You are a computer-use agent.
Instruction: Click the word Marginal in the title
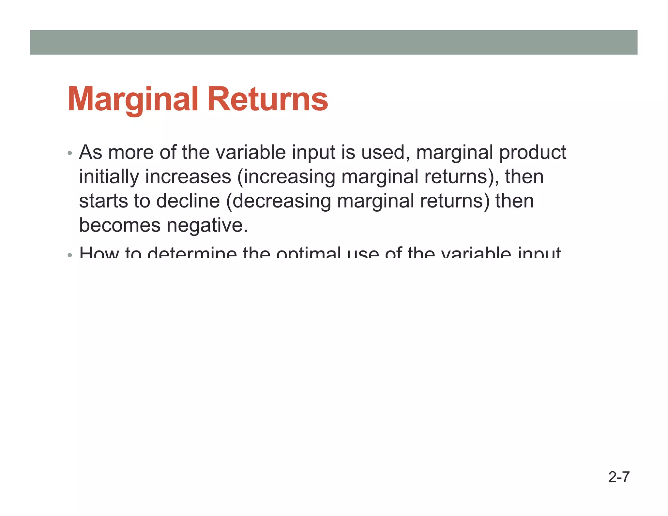pos(133,99)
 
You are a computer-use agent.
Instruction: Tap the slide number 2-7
pos(619,477)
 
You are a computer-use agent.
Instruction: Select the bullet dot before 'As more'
pos(69,153)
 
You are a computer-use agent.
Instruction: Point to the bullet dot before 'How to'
pos(69,255)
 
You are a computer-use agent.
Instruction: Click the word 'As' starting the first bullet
pos(90,152)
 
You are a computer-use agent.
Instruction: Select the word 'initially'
pos(109,177)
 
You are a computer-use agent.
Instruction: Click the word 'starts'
pos(103,201)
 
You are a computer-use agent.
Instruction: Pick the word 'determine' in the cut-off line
pos(192,253)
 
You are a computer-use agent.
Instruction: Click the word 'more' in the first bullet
pos(131,152)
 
